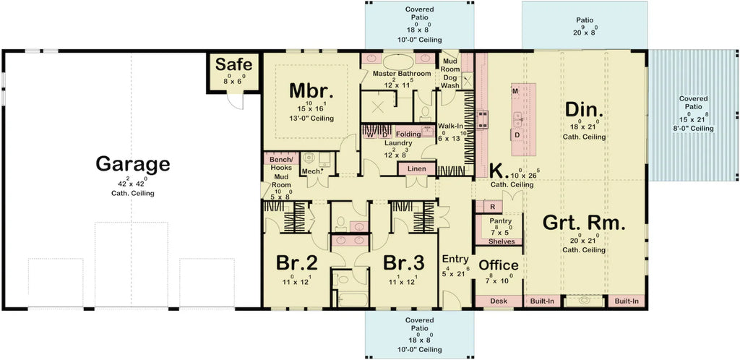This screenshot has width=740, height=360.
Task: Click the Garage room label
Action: pos(132,165)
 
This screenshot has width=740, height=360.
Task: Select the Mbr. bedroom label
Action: pos(311,91)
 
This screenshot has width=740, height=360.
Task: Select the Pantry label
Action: pos(500,221)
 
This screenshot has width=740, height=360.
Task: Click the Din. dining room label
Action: pos(584,110)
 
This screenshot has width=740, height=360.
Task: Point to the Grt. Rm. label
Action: pos(584,223)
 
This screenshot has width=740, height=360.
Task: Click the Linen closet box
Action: pos(417,169)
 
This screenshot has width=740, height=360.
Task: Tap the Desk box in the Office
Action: pos(499,301)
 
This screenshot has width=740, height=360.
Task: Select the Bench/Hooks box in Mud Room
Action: pos(280,163)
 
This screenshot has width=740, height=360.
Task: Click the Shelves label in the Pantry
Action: pos(502,241)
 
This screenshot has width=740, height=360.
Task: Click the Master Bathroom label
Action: pos(402,74)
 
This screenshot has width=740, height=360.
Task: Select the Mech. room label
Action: pos(311,171)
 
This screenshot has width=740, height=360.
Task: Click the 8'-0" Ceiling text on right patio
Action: pos(692,129)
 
